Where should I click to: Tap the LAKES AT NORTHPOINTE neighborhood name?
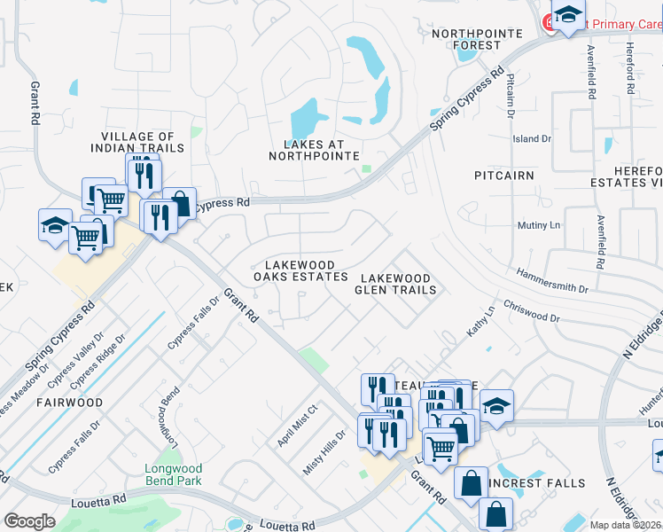pos(313,150)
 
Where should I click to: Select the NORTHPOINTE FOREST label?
pos(467,39)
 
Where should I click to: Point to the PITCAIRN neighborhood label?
pos(503,176)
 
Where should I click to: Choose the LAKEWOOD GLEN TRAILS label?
pos(395,284)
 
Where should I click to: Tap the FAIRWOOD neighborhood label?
pos(69,402)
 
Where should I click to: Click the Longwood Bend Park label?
pos(174,474)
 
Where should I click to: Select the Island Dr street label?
pos(532,139)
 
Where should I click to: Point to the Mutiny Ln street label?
pos(539,225)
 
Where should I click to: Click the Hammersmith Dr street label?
pos(551,282)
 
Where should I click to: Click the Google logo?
pos(29,521)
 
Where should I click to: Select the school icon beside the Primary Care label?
pos(567,15)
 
